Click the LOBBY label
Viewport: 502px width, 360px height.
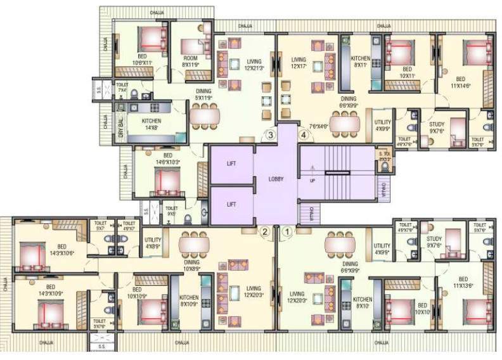pyautogui.click(x=276, y=179)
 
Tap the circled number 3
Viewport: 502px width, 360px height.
pyautogui.click(x=270, y=134)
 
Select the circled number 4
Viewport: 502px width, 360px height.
pyautogui.click(x=304, y=134)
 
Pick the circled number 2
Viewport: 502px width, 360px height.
pyautogui.click(x=266, y=231)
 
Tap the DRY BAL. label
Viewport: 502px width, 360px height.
pyautogui.click(x=121, y=129)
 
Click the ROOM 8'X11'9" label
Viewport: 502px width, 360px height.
pyautogui.click(x=190, y=61)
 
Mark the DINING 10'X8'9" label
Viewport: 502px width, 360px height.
pyautogui.click(x=191, y=265)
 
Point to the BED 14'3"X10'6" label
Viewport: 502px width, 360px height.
pyautogui.click(x=61, y=250)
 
